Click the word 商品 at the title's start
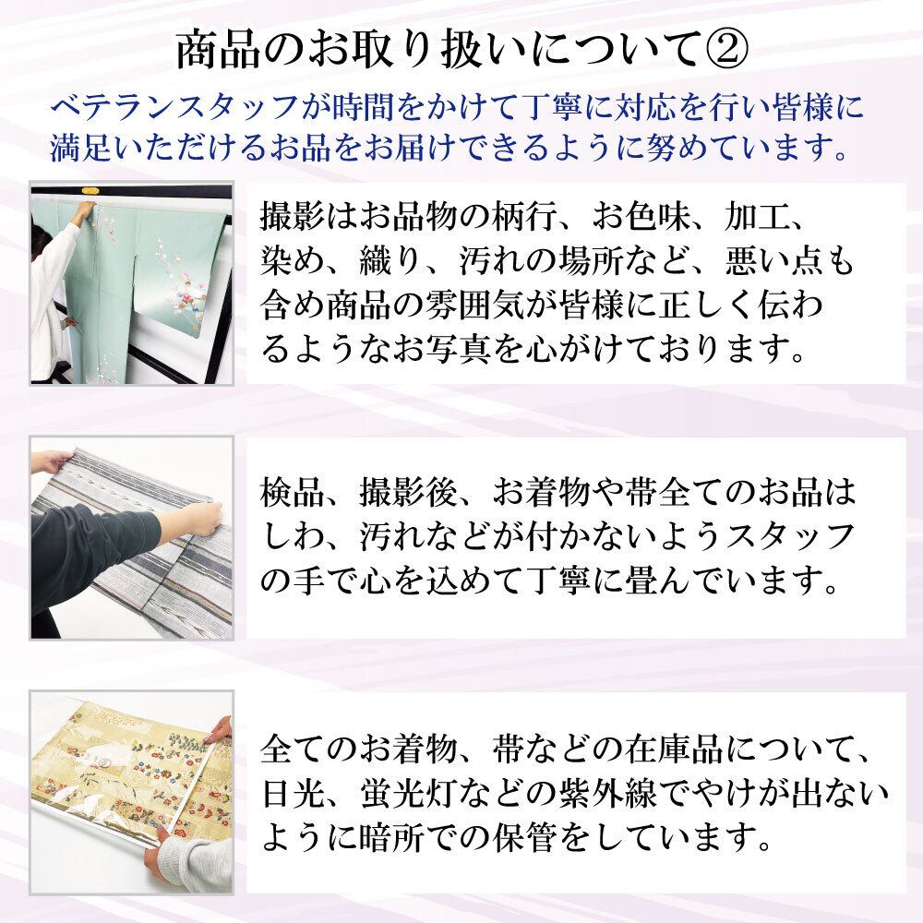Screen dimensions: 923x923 point(212,48)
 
